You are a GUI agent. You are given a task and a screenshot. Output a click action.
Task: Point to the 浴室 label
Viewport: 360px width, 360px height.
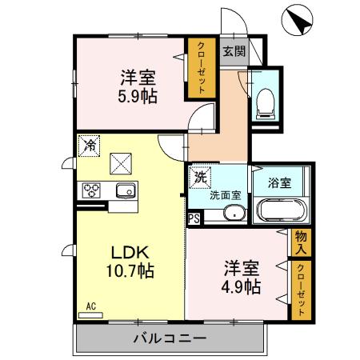click(280, 182)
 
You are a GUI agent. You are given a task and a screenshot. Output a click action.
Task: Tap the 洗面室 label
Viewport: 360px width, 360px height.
click(225, 194)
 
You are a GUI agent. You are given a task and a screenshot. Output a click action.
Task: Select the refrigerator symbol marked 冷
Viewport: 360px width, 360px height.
click(90, 146)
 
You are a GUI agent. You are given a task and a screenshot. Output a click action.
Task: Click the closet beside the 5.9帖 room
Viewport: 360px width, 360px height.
click(197, 68)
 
